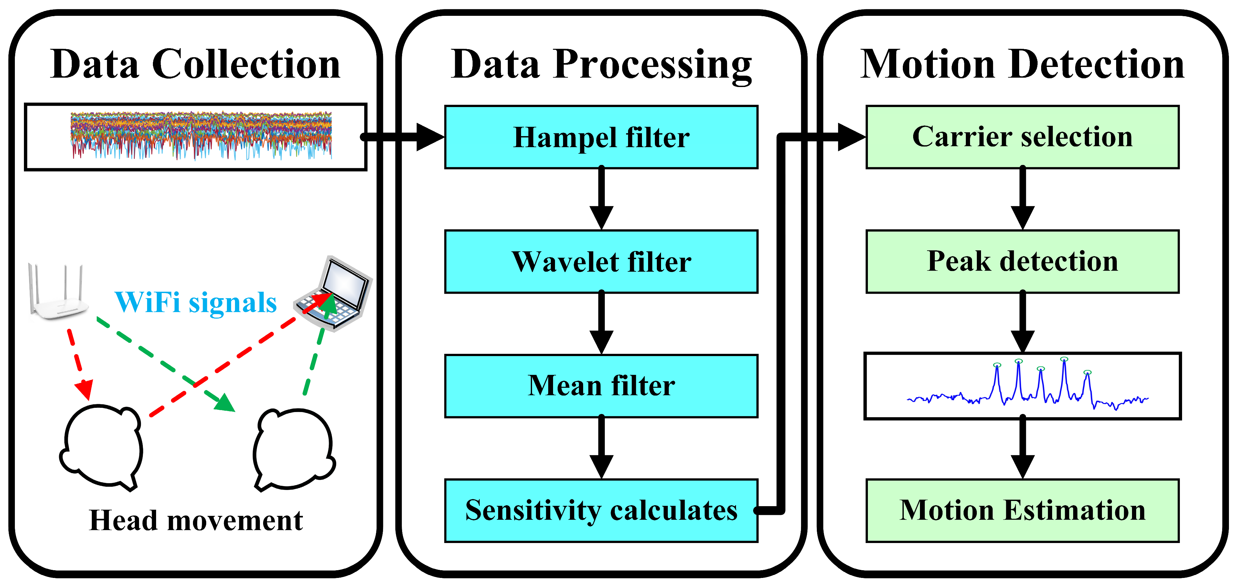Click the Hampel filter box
click(601, 137)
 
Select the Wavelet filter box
click(601, 262)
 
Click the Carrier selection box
click(1022, 137)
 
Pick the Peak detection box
click(1022, 262)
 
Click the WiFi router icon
click(57, 293)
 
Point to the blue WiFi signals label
click(196, 303)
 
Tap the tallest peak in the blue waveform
click(1064, 361)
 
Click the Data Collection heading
click(195, 64)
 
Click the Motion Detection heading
click(1022, 64)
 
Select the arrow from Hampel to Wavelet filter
click(601, 200)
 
